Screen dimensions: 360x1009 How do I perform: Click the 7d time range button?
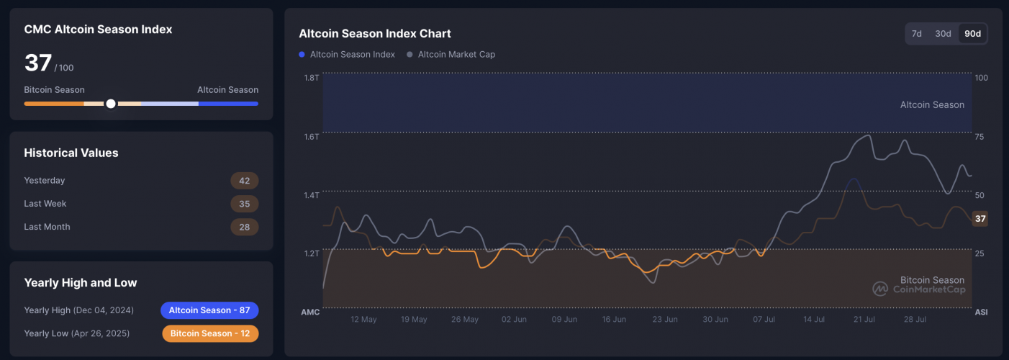pos(917,34)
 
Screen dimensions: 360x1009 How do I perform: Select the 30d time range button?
pos(943,34)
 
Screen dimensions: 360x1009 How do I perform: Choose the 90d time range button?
pos(972,34)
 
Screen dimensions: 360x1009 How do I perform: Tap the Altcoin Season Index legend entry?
pos(347,54)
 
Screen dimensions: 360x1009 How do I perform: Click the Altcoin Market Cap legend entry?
pos(451,54)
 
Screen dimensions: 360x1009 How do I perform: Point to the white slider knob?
pos(111,104)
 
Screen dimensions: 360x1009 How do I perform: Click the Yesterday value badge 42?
pos(244,181)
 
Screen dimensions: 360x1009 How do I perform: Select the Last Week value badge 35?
pos(244,204)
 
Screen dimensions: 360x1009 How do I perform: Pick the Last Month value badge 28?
pos(244,227)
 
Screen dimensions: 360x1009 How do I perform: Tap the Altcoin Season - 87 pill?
pos(209,310)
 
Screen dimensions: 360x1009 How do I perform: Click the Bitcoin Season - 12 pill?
pos(209,333)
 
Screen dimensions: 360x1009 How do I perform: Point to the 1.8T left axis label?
pos(311,77)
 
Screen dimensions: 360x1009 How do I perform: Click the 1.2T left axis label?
pos(311,253)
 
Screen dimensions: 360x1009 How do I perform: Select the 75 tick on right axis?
pos(981,136)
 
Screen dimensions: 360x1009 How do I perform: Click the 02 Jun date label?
pos(515,319)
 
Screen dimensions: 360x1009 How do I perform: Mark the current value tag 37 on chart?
pos(979,219)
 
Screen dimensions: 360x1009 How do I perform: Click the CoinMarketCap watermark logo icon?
pos(880,288)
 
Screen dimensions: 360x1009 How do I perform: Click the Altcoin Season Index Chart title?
pos(375,34)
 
